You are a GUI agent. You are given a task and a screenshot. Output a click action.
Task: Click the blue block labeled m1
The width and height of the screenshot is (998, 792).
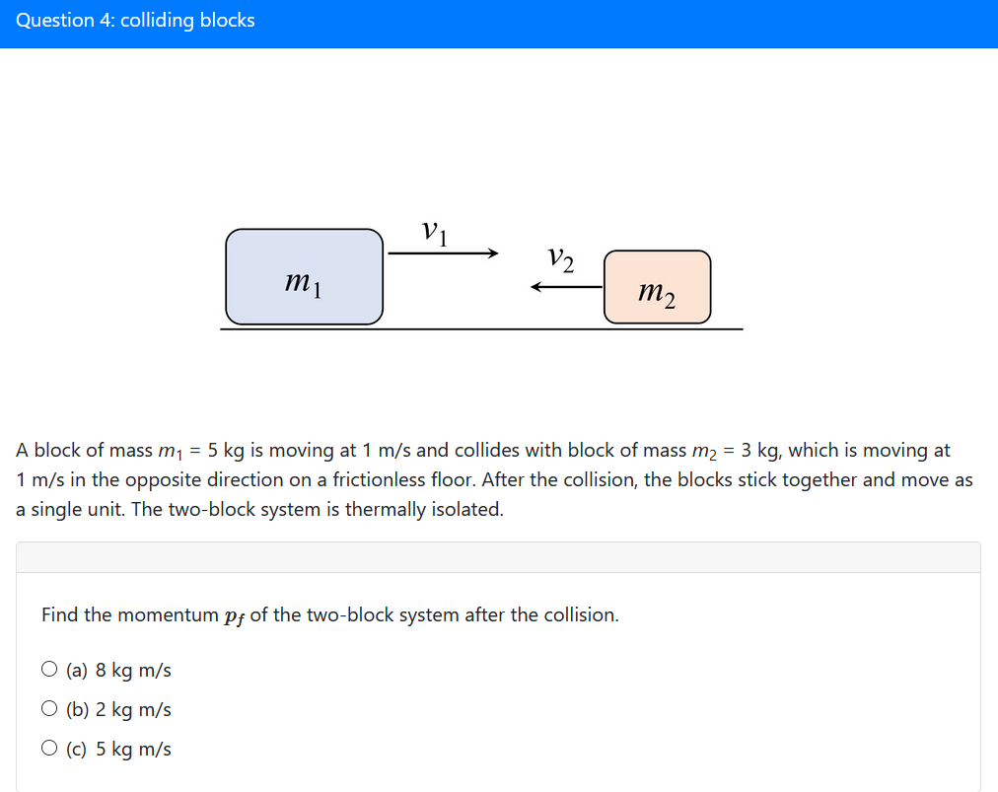tap(304, 276)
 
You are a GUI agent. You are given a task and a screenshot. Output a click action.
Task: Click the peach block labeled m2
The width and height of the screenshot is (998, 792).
tap(657, 287)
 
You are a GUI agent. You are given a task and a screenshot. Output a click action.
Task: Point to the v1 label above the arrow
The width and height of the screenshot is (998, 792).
tap(435, 232)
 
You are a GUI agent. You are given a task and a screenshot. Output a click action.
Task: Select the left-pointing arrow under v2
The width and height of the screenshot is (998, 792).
tap(566, 287)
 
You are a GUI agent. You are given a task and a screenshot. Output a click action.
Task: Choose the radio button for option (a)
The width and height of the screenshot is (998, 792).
tap(49, 670)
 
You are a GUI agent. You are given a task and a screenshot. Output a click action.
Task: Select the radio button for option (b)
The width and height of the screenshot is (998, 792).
tap(49, 709)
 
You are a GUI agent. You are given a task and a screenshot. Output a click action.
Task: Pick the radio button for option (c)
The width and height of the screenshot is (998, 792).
tap(49, 749)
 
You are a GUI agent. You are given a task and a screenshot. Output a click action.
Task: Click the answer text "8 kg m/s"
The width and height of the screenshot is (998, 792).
tap(133, 671)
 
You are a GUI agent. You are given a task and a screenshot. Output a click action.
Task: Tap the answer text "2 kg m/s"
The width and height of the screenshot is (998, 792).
tap(133, 710)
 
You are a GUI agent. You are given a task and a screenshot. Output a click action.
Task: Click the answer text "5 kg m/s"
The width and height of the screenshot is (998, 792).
tap(133, 750)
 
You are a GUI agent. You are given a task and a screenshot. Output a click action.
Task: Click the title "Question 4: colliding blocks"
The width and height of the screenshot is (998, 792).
tap(135, 21)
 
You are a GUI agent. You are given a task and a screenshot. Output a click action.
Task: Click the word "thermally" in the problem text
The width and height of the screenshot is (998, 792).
tap(384, 510)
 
